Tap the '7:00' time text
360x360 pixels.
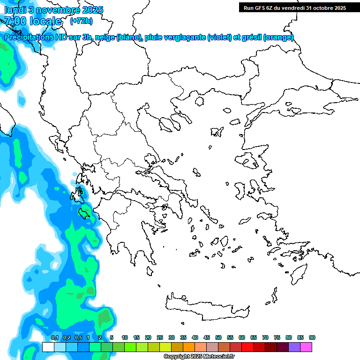tap(15, 21)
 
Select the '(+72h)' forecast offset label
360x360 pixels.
tap(81, 21)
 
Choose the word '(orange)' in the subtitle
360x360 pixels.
tap(278, 37)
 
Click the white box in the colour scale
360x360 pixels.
tap(48, 347)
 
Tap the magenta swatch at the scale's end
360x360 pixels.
tap(306, 347)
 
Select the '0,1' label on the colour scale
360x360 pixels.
tap(54, 338)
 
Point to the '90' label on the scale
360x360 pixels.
tap(312, 338)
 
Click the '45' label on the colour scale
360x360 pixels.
tap(207, 338)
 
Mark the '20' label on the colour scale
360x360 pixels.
tap(148, 338)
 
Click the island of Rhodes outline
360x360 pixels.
tap(298, 272)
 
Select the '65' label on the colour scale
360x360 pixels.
tap(254, 338)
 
